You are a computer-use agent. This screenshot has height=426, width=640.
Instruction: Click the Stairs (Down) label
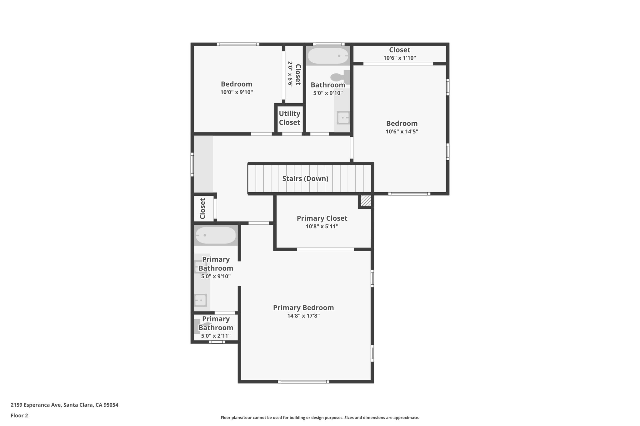pyautogui.click(x=305, y=179)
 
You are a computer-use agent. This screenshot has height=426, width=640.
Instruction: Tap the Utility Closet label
pyautogui.click(x=289, y=118)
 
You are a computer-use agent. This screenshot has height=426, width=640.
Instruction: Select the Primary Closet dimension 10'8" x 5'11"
pyautogui.click(x=322, y=226)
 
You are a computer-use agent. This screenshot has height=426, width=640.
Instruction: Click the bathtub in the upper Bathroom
pyautogui.click(x=328, y=56)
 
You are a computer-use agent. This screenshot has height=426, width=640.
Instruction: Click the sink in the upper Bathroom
pyautogui.click(x=343, y=118)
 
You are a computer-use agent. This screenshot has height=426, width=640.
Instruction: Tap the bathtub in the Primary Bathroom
pyautogui.click(x=215, y=235)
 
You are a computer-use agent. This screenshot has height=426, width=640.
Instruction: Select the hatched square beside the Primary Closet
pyautogui.click(x=366, y=200)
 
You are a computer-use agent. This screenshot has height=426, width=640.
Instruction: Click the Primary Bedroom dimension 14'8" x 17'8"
pyautogui.click(x=303, y=316)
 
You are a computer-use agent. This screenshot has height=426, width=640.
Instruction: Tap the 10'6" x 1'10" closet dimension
pyautogui.click(x=399, y=58)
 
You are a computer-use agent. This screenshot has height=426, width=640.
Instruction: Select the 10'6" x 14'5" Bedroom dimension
pyautogui.click(x=402, y=131)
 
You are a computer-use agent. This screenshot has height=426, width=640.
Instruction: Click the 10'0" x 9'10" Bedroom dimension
pyautogui.click(x=236, y=92)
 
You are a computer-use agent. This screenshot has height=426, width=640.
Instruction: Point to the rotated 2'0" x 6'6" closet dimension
pyautogui.click(x=290, y=74)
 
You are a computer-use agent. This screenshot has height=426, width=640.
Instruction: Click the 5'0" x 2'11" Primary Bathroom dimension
pyautogui.click(x=216, y=335)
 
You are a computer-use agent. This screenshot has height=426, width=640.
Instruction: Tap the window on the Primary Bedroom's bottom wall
pyautogui.click(x=303, y=381)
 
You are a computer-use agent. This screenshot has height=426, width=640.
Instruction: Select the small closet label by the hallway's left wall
pyautogui.click(x=202, y=208)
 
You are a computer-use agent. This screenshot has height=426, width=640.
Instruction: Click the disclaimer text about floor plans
pyautogui.click(x=320, y=418)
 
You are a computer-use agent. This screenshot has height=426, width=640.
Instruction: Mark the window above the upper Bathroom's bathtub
pyautogui.click(x=328, y=44)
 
